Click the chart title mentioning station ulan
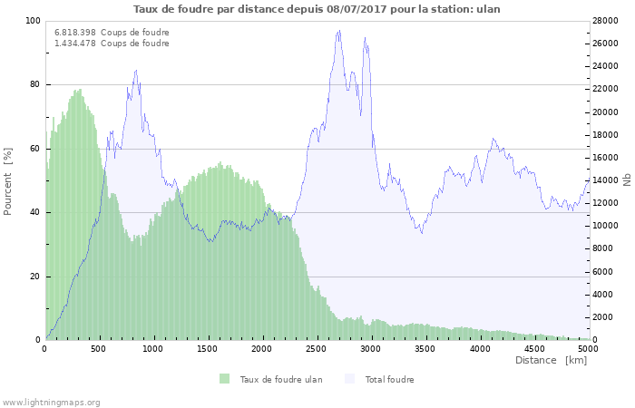317,9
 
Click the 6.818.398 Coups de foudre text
112,33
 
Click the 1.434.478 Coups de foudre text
112,44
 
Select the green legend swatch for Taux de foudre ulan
224,379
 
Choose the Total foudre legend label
389,379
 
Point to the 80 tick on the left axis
35,84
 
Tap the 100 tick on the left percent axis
33,21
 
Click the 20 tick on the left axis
35,277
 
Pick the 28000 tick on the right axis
606,21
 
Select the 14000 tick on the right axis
606,180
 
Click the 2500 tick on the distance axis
317,348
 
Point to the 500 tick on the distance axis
100,348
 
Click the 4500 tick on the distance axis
533,348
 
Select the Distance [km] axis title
551,360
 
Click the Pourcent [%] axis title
8,180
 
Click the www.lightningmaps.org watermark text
51,402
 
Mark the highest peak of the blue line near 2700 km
339,31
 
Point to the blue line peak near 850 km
136,70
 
